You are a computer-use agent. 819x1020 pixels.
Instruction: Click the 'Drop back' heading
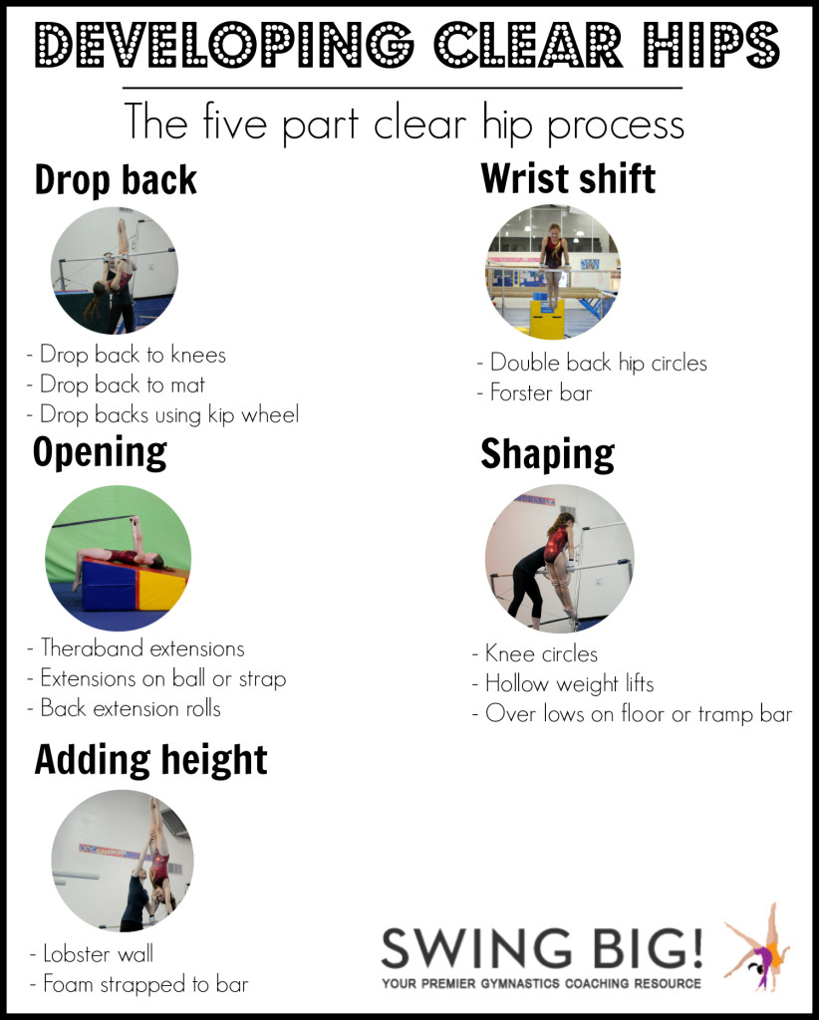[x=116, y=180]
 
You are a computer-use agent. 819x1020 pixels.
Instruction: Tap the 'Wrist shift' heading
[x=568, y=178]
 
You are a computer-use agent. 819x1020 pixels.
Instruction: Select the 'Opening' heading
[x=100, y=451]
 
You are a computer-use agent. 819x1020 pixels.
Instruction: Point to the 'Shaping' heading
[x=547, y=453]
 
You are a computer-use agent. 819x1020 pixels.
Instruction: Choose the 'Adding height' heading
[x=150, y=760]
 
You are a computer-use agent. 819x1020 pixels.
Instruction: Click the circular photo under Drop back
[x=115, y=270]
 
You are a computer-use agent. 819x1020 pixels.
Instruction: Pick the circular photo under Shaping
[x=559, y=558]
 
